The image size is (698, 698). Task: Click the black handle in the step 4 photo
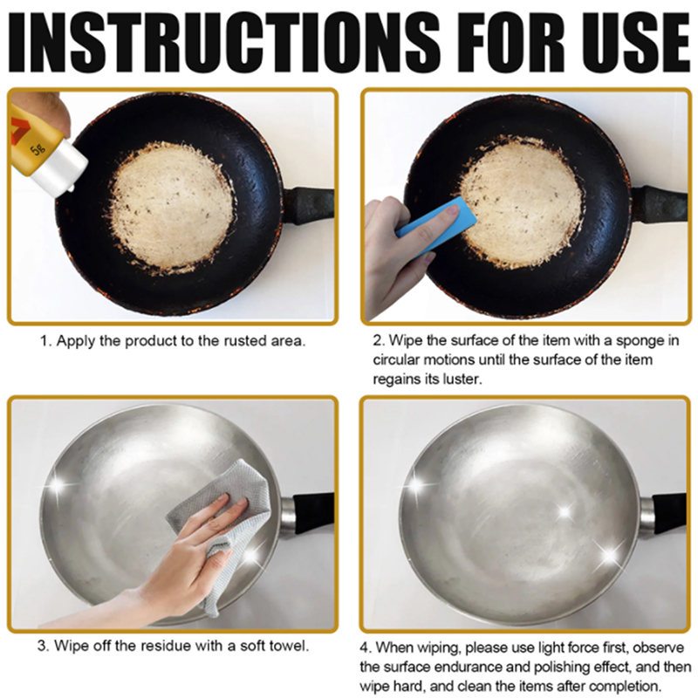[x=669, y=512]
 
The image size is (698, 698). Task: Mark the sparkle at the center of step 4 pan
[x=565, y=512]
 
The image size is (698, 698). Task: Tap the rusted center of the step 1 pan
[x=171, y=206]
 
